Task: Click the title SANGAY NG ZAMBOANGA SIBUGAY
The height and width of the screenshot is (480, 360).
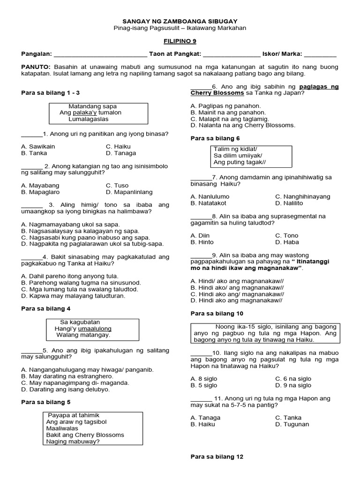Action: (180, 21)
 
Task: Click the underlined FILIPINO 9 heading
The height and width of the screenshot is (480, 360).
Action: (180, 41)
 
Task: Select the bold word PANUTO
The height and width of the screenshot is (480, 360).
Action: (36, 67)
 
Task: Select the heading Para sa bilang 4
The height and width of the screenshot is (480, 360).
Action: (46, 308)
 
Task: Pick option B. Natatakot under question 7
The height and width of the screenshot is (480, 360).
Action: (209, 203)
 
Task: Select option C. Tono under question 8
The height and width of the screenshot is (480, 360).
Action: (286, 235)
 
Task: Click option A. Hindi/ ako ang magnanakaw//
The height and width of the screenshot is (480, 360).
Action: (237, 280)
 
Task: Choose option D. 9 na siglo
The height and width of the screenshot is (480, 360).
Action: (293, 385)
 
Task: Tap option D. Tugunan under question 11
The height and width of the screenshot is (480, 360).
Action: (292, 424)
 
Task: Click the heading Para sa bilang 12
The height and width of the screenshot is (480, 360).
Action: (217, 457)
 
